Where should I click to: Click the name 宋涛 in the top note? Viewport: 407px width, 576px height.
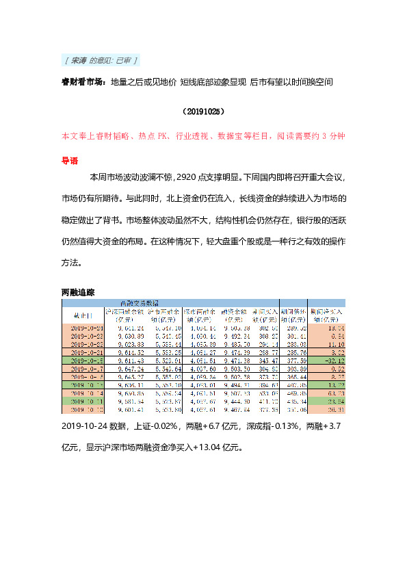79,61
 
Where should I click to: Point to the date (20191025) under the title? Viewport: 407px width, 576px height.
204,110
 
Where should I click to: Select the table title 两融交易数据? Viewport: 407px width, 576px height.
139,302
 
